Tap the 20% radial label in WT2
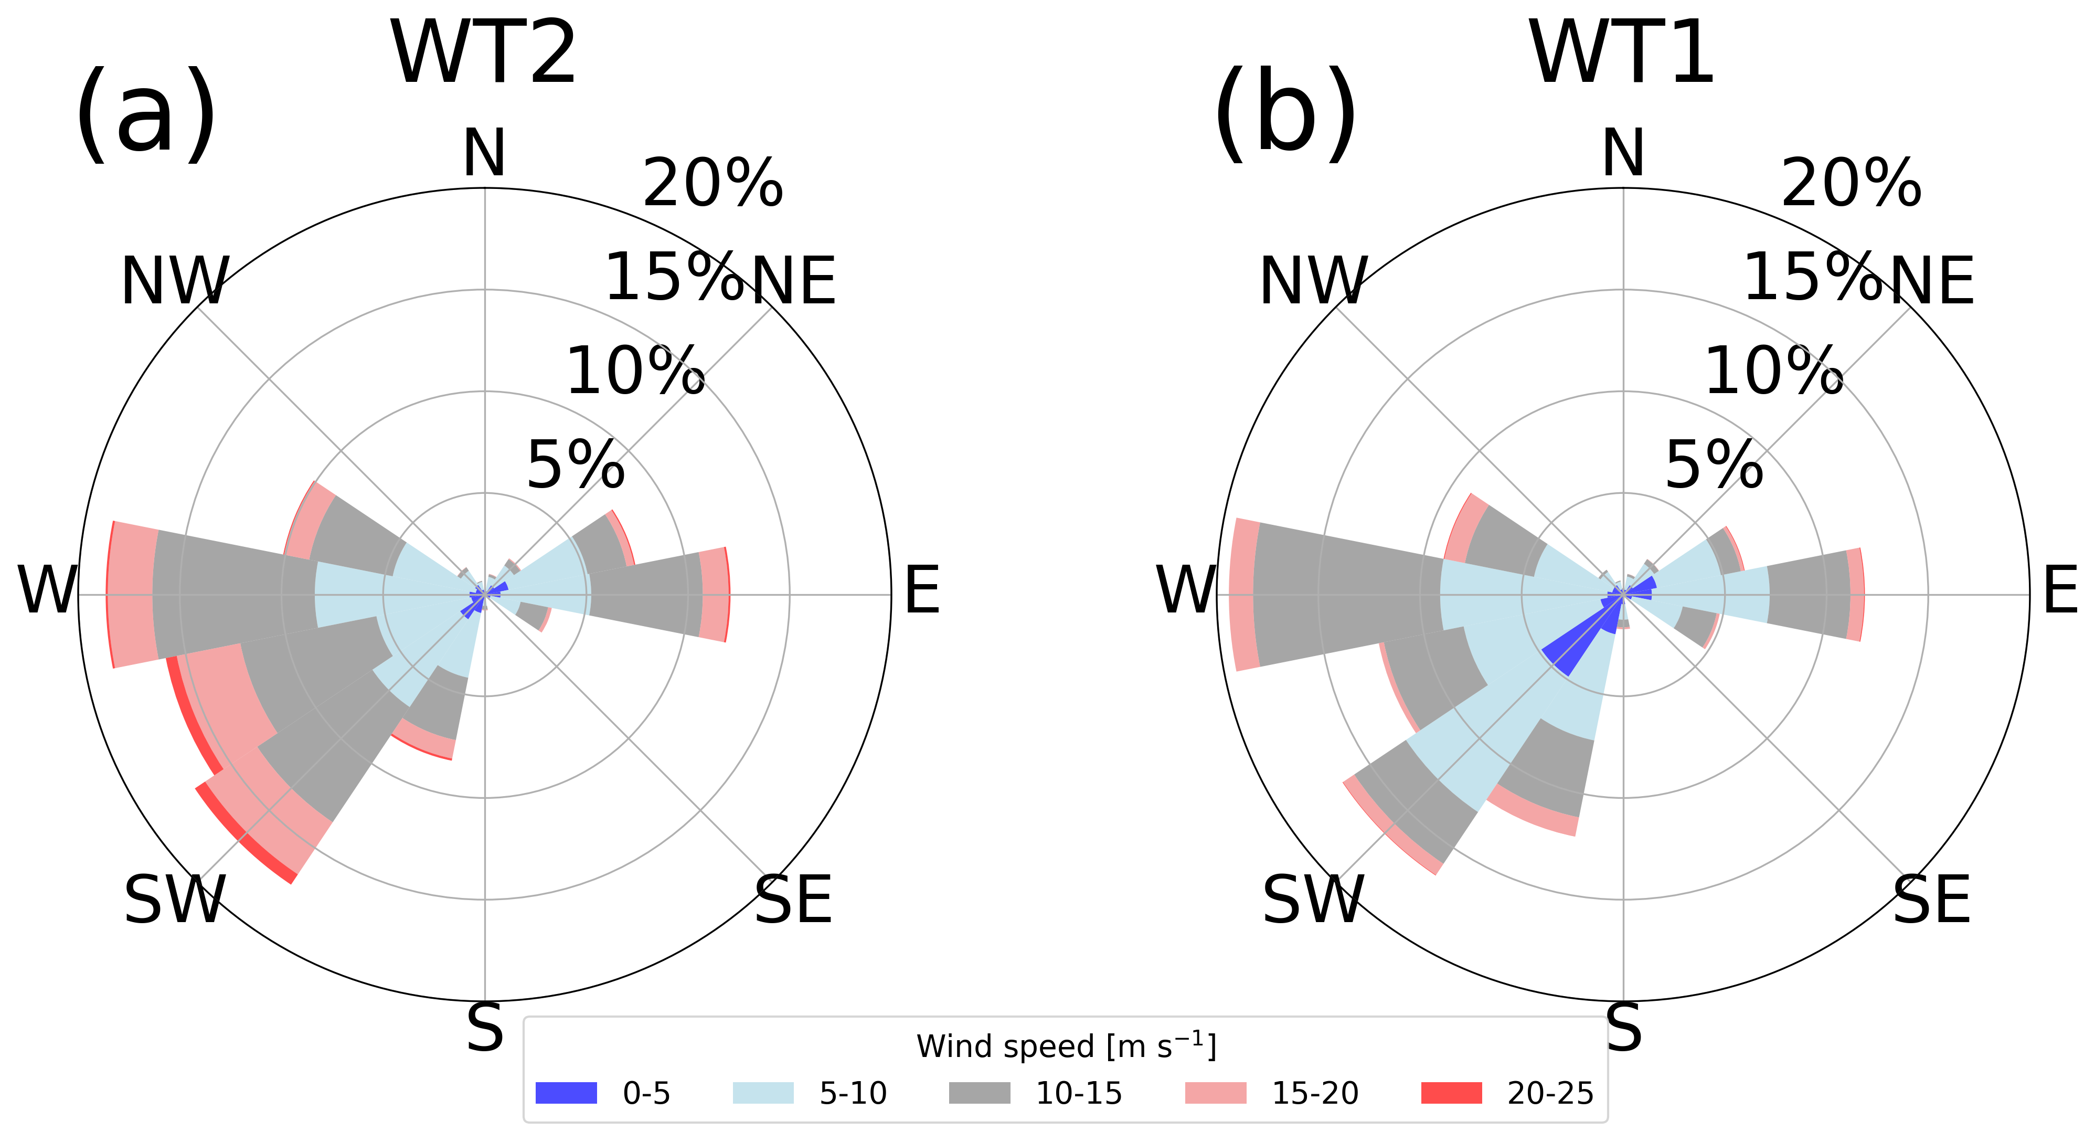(712, 183)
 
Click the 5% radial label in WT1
(1715, 466)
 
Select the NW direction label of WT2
(175, 281)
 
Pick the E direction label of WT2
(921, 590)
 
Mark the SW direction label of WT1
(1313, 901)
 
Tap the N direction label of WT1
(1623, 152)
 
